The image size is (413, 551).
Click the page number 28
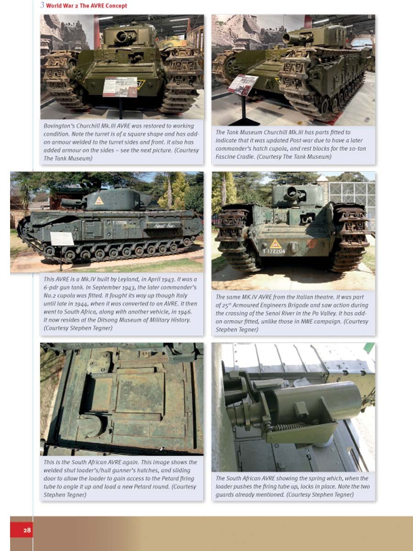[27, 530]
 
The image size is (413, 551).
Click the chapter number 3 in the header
[42, 5]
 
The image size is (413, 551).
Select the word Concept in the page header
[117, 6]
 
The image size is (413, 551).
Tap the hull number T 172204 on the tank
[274, 251]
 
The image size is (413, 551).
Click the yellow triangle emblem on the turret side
[99, 201]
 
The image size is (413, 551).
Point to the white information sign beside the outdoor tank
[62, 238]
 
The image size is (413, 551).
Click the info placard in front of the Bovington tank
[120, 87]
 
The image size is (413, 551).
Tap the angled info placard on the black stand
[243, 84]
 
